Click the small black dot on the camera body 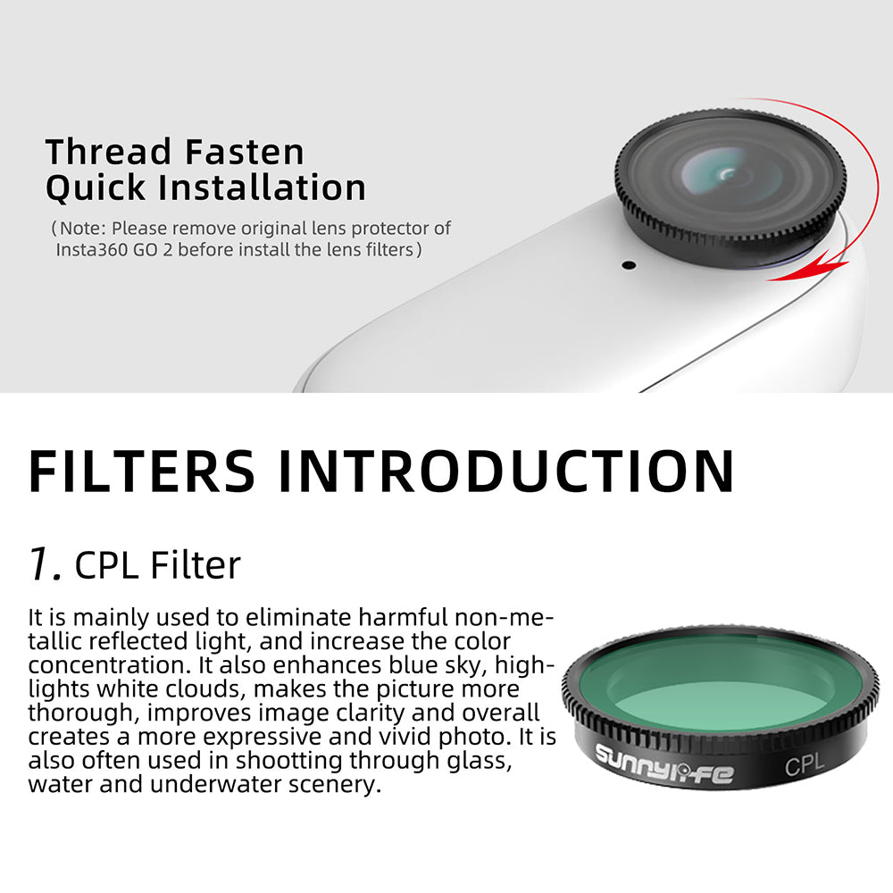coord(628,265)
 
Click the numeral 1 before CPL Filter coord(44,565)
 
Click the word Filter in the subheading coord(196,565)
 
